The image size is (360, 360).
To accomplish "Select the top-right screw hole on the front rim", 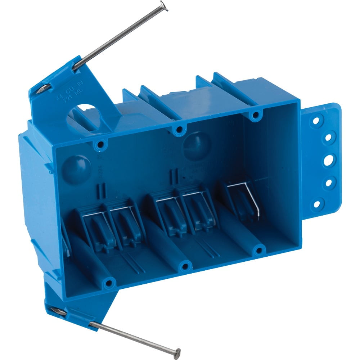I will (255, 116).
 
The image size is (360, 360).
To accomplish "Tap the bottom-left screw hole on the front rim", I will (108, 284).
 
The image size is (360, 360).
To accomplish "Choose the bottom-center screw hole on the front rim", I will (185, 266).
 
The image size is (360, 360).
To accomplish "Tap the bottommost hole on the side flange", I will (317, 204).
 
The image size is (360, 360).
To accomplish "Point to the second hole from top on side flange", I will (328, 138).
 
